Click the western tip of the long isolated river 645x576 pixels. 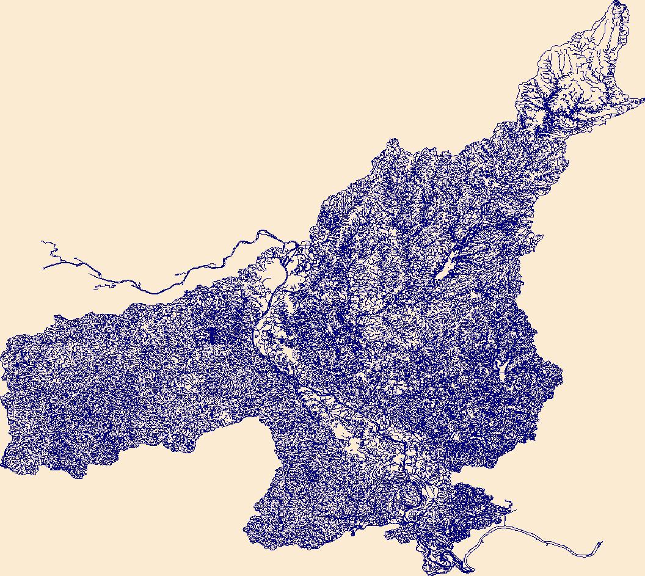pyautogui.click(x=43, y=267)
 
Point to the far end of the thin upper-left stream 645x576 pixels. pyautogui.click(x=42, y=241)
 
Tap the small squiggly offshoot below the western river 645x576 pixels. pyautogui.click(x=97, y=287)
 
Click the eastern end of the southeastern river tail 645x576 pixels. pyautogui.click(x=601, y=542)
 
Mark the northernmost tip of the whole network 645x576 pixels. pyautogui.click(x=616, y=2)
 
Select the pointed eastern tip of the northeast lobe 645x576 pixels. pyautogui.click(x=643, y=98)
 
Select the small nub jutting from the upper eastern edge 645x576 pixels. pyautogui.click(x=538, y=238)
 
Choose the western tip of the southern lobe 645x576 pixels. pyautogui.click(x=246, y=529)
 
